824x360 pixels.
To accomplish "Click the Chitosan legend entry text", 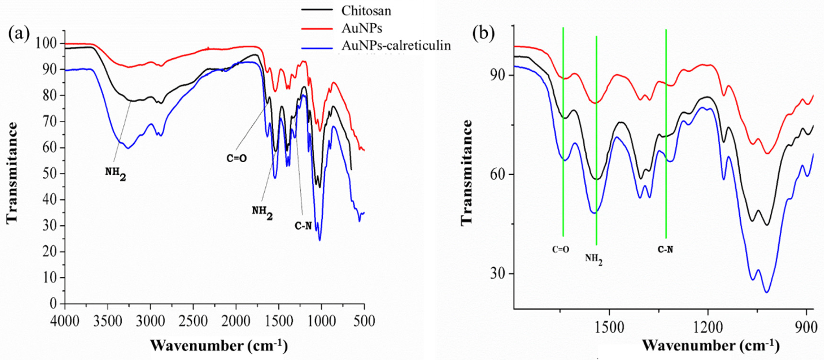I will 366,11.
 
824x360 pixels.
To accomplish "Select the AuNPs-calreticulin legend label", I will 396,46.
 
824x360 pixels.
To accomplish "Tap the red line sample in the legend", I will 317,29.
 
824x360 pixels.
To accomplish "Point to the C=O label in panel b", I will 561,249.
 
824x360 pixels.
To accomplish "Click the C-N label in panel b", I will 665,249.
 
